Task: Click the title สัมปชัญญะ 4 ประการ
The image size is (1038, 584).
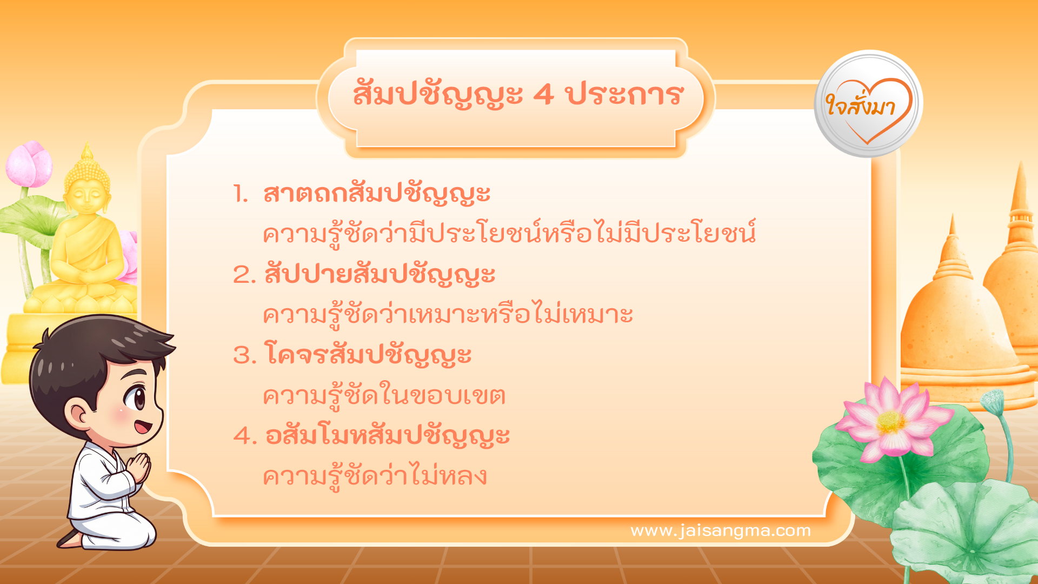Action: tap(518, 95)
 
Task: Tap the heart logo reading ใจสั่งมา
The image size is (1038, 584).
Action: tap(868, 104)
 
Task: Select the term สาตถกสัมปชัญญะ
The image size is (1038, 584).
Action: tap(377, 194)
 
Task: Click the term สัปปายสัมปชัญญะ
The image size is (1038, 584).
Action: tap(380, 274)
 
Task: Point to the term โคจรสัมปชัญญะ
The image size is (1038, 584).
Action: tap(368, 355)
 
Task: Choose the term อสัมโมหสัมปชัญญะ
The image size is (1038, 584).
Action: tap(388, 436)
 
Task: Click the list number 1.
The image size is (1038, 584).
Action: tap(240, 194)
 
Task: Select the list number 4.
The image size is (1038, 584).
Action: tap(244, 436)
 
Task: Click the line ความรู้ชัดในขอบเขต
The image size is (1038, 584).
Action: tap(384, 396)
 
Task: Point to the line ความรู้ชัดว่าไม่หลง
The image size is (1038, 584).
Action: tap(375, 476)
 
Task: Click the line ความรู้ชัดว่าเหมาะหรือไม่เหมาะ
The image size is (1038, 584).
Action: tap(448, 315)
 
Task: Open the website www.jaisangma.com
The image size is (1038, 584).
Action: tap(721, 530)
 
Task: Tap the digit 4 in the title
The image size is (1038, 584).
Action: tap(543, 95)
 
